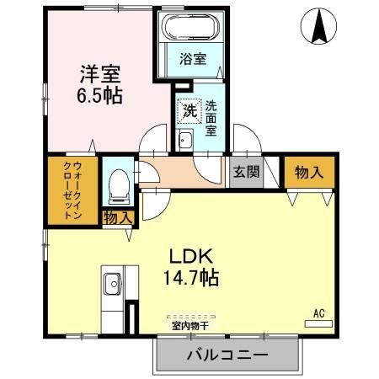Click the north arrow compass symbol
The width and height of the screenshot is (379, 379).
pyautogui.click(x=321, y=26)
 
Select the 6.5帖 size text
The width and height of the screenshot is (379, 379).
pyautogui.click(x=99, y=95)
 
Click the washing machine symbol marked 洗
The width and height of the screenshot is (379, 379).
pyautogui.click(x=187, y=109)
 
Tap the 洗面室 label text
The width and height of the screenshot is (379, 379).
pyautogui.click(x=211, y=119)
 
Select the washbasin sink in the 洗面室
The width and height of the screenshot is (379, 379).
pyautogui.click(x=186, y=141)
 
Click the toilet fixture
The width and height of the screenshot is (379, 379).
pyautogui.click(x=119, y=182)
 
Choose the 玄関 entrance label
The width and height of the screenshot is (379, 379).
pyautogui.click(x=245, y=172)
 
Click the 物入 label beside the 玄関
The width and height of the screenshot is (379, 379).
pyautogui.click(x=307, y=172)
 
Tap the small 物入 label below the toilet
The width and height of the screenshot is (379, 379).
pyautogui.click(x=118, y=217)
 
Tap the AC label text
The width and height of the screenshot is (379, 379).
pyautogui.click(x=318, y=312)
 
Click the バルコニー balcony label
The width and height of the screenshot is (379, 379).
pyautogui.click(x=227, y=355)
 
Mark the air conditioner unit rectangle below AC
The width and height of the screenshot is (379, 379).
pyautogui.click(x=318, y=322)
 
